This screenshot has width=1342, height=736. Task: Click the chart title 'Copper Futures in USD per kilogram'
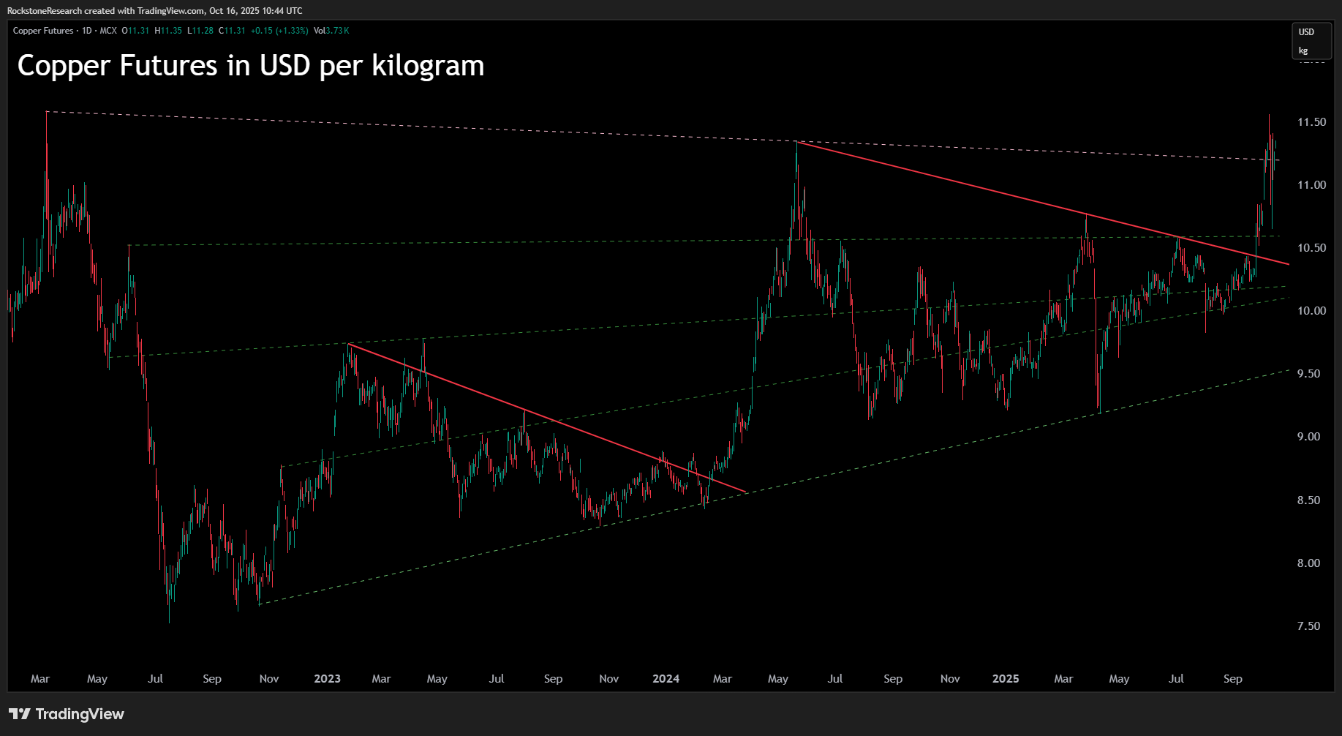[250, 66]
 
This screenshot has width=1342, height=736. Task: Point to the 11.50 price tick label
[1311, 122]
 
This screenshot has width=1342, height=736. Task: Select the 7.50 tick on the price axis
[1308, 626]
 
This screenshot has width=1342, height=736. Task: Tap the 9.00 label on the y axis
[1308, 437]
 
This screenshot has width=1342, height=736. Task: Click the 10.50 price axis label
[1311, 248]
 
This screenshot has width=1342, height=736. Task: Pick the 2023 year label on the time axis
[327, 679]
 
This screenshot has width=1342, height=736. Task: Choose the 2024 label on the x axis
[666, 679]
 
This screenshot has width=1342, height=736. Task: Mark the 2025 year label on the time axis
[1005, 679]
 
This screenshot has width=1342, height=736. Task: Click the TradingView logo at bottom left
[67, 714]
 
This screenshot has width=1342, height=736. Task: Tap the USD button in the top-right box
[1306, 32]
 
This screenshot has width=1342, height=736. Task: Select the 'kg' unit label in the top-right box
[1303, 50]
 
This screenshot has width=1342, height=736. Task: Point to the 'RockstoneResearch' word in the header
[45, 11]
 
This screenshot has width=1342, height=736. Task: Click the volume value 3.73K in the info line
[337, 31]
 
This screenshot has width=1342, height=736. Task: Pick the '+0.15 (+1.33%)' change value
[279, 31]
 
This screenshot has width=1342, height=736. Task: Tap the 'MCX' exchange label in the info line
[108, 31]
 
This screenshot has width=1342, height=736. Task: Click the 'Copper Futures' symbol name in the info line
[43, 31]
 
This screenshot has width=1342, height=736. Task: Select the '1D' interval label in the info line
[87, 31]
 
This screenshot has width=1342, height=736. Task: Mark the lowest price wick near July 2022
[169, 622]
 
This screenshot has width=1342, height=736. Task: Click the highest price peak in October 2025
[1269, 115]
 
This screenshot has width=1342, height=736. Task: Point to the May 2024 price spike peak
[796, 143]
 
